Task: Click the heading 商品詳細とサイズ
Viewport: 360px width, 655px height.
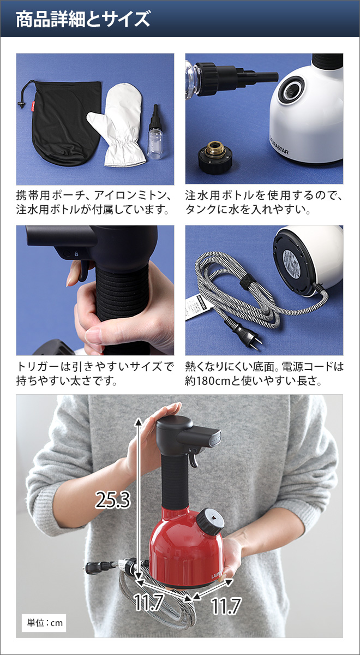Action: click(x=82, y=20)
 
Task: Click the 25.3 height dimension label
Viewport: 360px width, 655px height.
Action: click(x=112, y=499)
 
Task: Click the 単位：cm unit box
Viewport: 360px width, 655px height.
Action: click(x=45, y=623)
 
